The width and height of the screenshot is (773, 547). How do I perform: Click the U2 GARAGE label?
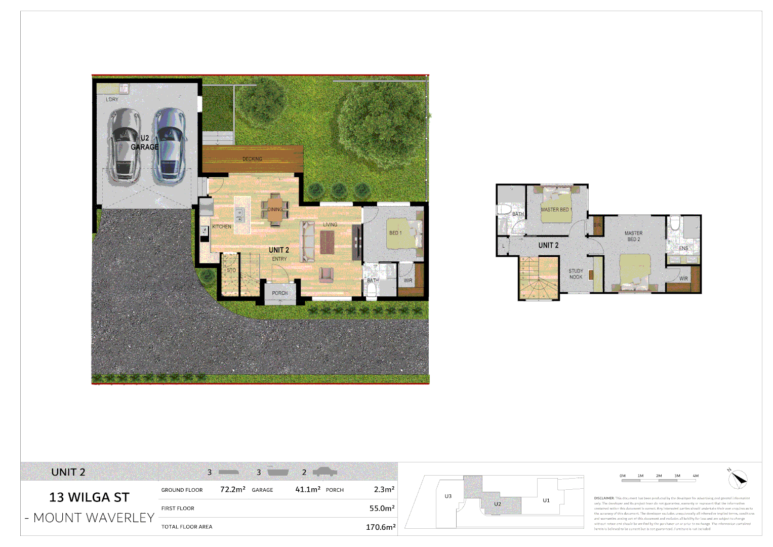[x=145, y=142]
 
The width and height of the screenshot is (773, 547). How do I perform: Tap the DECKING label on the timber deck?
[x=252, y=159]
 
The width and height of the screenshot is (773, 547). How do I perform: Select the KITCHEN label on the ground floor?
[x=222, y=226]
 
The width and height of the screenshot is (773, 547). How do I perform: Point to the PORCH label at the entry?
[x=279, y=293]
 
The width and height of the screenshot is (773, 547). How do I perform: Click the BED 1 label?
[x=395, y=233]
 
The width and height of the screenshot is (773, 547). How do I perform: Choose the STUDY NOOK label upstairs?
[x=576, y=274]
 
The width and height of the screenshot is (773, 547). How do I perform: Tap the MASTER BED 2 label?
[x=633, y=236]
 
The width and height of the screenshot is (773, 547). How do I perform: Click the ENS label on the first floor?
[x=683, y=248]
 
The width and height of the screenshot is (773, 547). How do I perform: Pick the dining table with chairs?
[x=275, y=209]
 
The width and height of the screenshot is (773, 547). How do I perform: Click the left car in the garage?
[x=124, y=144]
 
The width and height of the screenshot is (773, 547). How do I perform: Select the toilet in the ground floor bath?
[x=372, y=289]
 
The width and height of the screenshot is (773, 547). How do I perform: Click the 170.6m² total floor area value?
[x=380, y=527]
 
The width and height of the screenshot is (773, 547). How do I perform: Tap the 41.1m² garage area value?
[x=308, y=490]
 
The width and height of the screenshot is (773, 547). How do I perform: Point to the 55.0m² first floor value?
[x=382, y=509]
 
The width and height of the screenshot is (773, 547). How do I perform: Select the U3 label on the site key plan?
[x=448, y=496]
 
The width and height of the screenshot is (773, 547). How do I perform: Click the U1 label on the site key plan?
[x=546, y=500]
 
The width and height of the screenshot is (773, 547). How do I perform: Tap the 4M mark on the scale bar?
[x=696, y=476]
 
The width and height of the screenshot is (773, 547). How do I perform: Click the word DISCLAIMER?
[x=604, y=498]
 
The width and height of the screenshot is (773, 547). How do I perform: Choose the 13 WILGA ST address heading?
[x=89, y=497]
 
